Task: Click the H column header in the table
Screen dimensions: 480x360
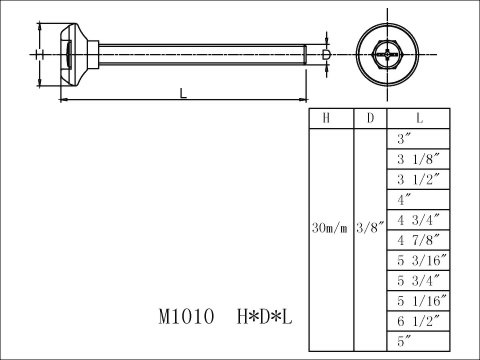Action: pyautogui.click(x=326, y=118)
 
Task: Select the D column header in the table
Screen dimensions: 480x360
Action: pyautogui.click(x=370, y=118)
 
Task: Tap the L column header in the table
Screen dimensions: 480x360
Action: pyautogui.click(x=419, y=118)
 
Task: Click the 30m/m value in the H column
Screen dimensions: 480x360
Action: pyautogui.click(x=329, y=228)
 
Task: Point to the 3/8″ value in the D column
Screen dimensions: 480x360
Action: pyautogui.click(x=370, y=228)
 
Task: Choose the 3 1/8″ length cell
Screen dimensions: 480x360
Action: pyautogui.click(x=418, y=159)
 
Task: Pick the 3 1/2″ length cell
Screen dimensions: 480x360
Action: pyautogui.click(x=418, y=179)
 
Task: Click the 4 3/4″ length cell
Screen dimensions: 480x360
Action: pyautogui.click(x=418, y=220)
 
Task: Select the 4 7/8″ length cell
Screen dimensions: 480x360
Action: pyautogui.click(x=418, y=240)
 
